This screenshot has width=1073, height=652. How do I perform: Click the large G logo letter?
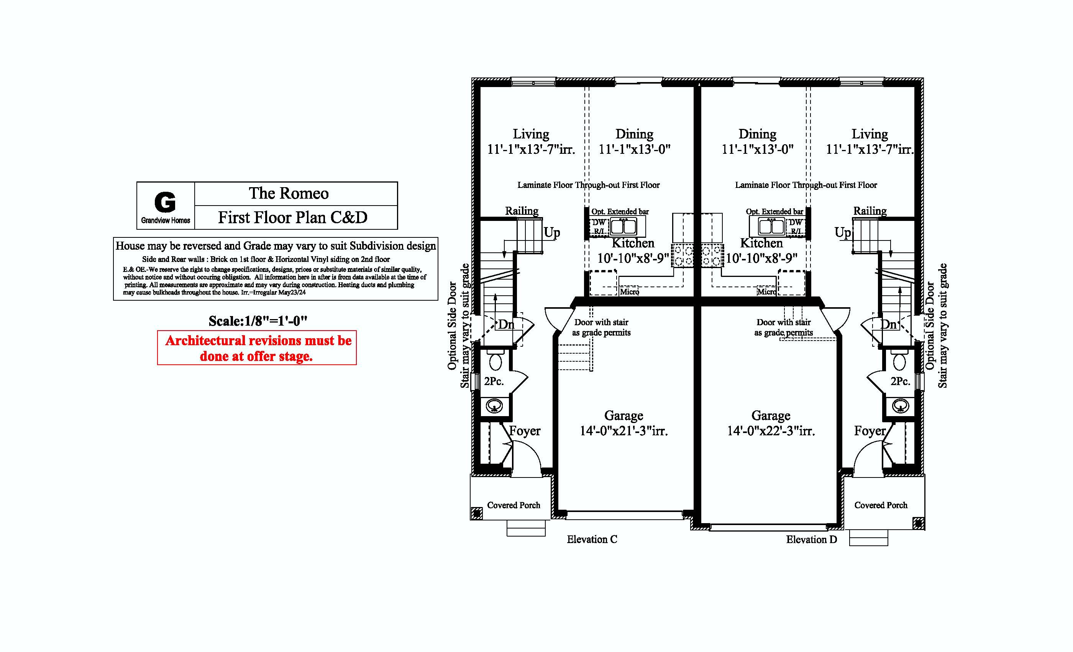click(x=165, y=202)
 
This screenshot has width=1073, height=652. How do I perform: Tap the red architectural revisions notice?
click(x=257, y=348)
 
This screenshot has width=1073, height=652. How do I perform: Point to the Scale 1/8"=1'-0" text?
click(x=258, y=321)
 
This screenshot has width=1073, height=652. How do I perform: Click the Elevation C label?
click(x=592, y=540)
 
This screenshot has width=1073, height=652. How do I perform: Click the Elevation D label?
click(x=811, y=540)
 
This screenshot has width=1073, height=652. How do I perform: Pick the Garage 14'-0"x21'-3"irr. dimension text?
click(x=623, y=431)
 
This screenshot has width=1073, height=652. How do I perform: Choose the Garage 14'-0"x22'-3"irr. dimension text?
click(x=771, y=431)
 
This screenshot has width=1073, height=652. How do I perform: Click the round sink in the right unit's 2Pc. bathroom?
click(x=900, y=406)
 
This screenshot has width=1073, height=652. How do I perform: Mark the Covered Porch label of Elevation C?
click(x=514, y=505)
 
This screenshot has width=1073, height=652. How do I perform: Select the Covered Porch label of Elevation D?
click(x=881, y=505)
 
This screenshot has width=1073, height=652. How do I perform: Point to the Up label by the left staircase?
click(x=552, y=233)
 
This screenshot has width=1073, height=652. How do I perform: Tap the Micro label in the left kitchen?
click(x=629, y=291)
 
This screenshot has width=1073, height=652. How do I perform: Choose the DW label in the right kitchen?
click(x=796, y=222)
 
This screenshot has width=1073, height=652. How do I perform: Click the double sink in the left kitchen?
click(x=623, y=226)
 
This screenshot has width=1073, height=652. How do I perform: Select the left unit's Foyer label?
click(x=525, y=431)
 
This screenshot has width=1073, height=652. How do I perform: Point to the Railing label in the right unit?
click(x=870, y=211)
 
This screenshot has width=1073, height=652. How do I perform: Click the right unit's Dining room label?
click(x=757, y=134)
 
